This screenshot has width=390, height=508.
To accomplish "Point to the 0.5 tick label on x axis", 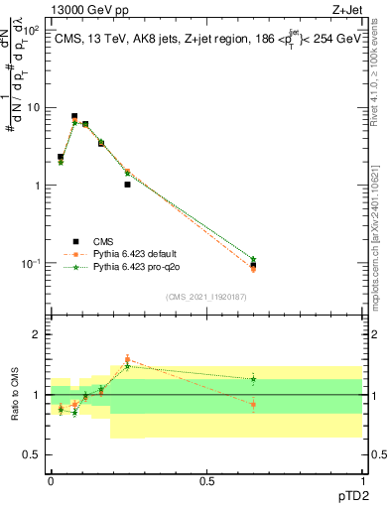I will click(206, 479).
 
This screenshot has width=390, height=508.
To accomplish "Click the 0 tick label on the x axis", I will click(51, 479).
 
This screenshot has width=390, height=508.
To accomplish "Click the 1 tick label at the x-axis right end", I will click(362, 479).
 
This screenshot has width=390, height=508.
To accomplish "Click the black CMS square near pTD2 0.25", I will click(128, 185).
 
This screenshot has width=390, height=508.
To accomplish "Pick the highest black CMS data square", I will click(74, 116).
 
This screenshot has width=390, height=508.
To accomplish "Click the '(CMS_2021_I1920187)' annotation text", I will click(205, 296).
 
